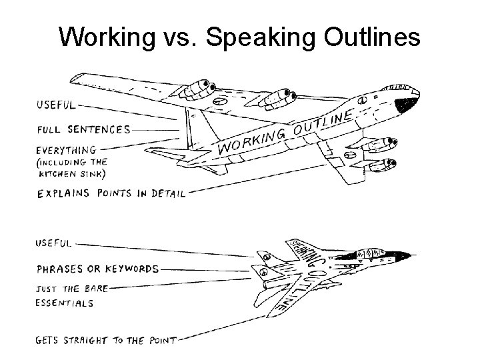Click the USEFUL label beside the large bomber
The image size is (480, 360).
click(x=57, y=105)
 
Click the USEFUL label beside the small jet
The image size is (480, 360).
click(x=53, y=243)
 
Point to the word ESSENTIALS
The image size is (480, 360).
click(x=64, y=302)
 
